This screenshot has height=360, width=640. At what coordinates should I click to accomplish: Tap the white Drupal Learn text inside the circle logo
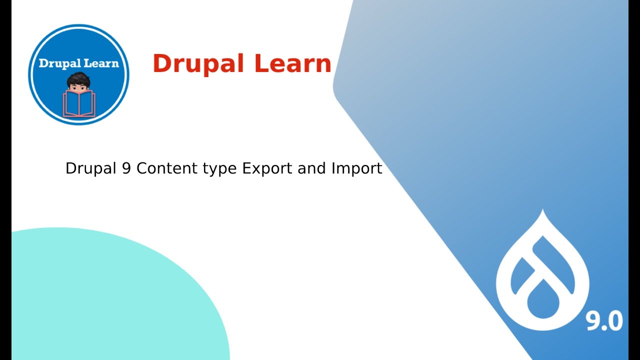click(x=78, y=63)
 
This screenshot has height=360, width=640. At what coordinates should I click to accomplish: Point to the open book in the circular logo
click(x=78, y=104)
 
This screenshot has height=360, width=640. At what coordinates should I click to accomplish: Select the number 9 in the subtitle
click(x=126, y=168)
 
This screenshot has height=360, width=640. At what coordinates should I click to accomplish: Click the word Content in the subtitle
click(x=167, y=168)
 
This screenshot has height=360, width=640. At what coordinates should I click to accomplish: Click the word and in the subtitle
click(x=312, y=168)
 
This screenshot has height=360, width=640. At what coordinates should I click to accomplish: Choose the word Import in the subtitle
click(x=356, y=169)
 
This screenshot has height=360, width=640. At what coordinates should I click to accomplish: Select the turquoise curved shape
click(x=100, y=295)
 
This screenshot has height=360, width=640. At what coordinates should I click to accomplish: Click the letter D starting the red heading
click(x=163, y=64)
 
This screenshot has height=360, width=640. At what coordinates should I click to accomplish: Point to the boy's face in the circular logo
click(x=78, y=88)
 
